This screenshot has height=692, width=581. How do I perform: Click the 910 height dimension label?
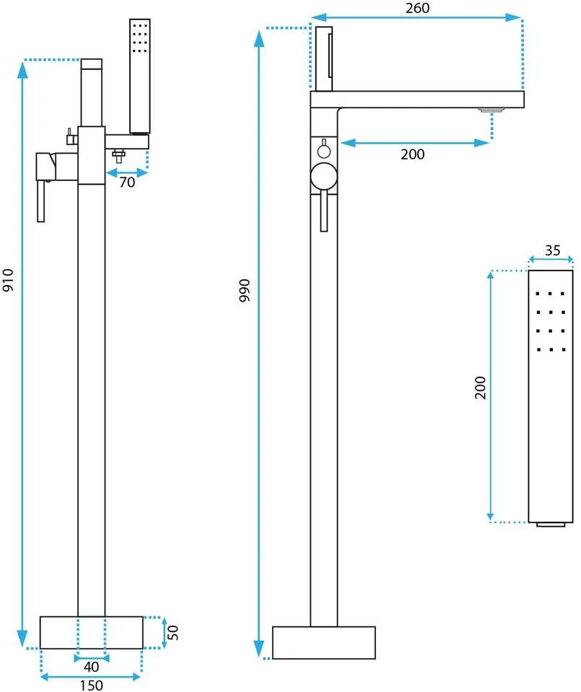click(9, 280)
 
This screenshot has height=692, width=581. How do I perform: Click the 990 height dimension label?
click(244, 290)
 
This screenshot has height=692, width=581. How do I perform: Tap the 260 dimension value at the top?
click(416, 8)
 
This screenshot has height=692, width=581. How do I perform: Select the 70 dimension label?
click(127, 182)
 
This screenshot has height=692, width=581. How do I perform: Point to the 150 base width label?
click(91, 685)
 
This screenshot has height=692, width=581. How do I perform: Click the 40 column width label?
click(91, 667)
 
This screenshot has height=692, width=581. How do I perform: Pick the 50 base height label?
click(172, 632)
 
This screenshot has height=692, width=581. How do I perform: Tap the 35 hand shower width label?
click(552, 250)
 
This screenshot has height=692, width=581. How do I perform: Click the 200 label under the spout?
click(412, 154)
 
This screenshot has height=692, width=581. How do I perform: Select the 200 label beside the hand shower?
click(480, 387)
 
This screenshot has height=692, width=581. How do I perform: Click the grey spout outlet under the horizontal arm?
click(491, 110)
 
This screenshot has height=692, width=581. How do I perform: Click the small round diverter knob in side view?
click(324, 152)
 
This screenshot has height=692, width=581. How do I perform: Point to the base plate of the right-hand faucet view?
click(323, 642)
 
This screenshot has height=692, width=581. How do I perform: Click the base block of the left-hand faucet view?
click(92, 632)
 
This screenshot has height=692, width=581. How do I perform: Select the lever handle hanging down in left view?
click(40, 201)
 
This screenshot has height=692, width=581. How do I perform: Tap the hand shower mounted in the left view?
click(140, 76)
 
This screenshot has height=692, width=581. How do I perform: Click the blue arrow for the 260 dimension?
click(416, 17)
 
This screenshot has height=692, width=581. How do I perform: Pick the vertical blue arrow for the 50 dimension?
click(165, 633)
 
